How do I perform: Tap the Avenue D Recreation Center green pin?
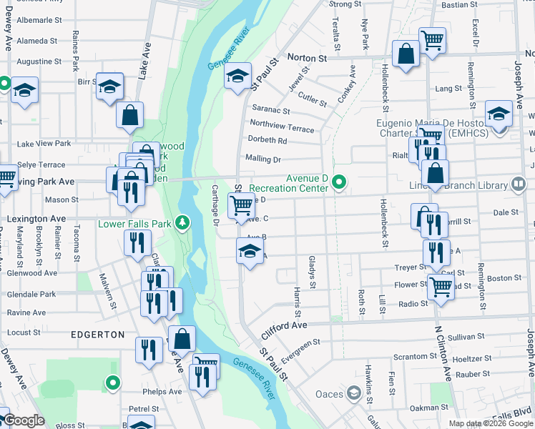[340, 184]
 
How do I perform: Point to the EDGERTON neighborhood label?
[97, 335]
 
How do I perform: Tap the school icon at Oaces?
[353, 393]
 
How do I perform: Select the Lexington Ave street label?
[36, 218]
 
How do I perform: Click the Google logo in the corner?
[24, 420]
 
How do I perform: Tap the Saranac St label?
[270, 111]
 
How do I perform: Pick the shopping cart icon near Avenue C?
[242, 205]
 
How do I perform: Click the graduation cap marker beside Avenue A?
[249, 251]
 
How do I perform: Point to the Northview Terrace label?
[282, 127]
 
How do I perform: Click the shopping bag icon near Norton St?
[406, 54]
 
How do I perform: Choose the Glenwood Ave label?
[31, 272]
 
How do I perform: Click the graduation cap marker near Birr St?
[110, 87]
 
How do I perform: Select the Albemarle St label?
[35, 22]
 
